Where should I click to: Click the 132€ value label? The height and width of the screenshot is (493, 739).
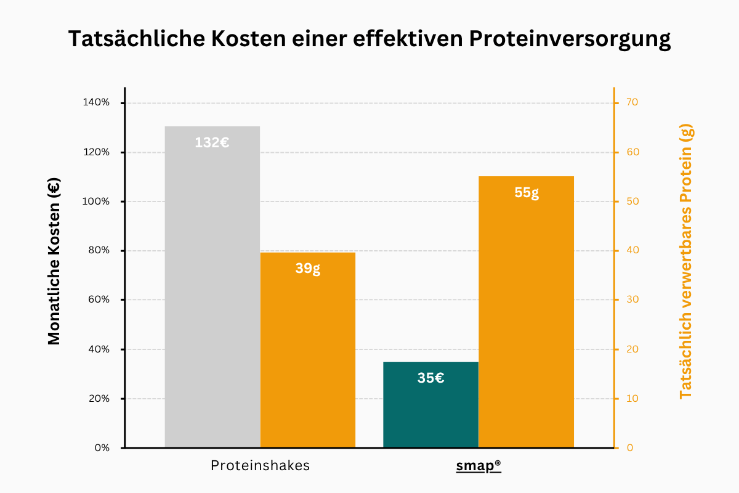coord(212,142)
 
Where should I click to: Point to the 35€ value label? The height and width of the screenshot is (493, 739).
coord(430,378)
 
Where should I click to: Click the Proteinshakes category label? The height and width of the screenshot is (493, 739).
coord(260,466)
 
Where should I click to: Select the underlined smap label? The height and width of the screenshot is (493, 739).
coord(479,466)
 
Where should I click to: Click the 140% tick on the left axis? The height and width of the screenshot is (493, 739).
coord(95,103)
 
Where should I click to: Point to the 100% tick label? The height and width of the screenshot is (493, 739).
coord(95,202)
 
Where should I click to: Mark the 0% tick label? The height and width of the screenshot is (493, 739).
coord(101,448)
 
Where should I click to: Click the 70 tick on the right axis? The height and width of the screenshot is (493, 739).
coord(632,103)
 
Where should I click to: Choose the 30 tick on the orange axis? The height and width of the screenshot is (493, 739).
coord(632,300)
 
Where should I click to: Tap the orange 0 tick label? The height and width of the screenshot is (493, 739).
coord(629,448)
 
